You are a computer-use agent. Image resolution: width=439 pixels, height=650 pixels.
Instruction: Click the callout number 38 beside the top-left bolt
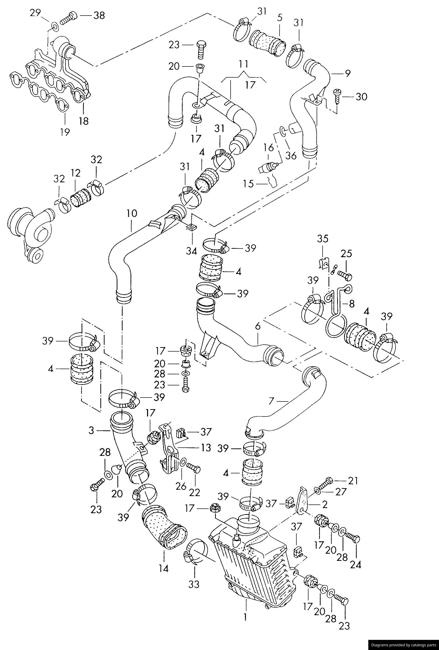pos(99,15)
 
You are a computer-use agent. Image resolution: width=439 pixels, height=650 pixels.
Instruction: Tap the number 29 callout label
pos(36,13)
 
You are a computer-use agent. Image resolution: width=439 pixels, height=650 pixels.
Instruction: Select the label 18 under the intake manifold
pos(84,121)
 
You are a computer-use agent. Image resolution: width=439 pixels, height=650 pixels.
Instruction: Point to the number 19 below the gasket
pos(65,132)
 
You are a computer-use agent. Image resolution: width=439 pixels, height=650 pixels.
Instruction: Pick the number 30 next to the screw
pos(361,97)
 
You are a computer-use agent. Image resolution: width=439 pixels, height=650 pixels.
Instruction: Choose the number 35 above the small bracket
pos(323,239)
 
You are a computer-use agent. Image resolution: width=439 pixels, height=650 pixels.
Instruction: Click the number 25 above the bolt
pos(346,254)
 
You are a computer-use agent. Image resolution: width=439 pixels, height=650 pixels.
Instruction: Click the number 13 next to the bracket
pos(206,448)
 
